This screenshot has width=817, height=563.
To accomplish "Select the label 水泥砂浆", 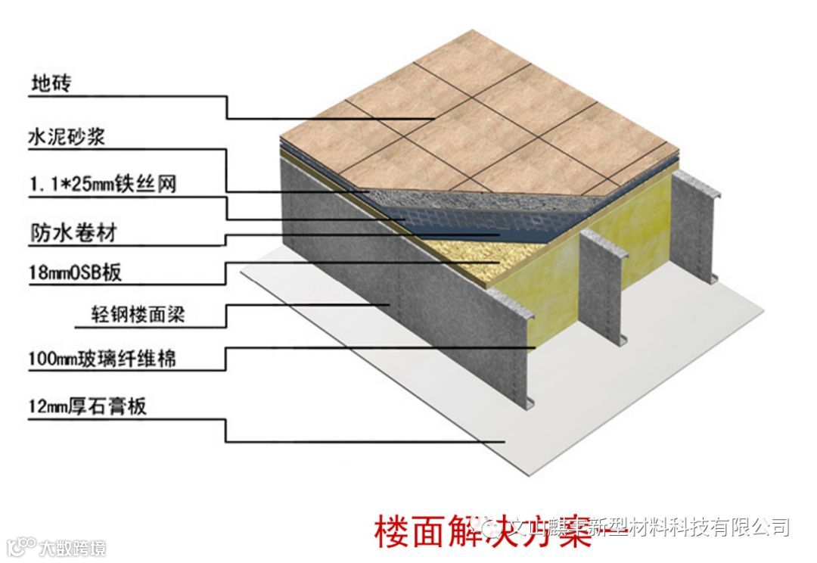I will point(66,138).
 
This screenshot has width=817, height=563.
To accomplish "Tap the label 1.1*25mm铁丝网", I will point(102,184).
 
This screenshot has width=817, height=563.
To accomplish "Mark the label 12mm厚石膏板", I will point(87,406).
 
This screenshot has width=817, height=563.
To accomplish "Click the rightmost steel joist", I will point(692,227).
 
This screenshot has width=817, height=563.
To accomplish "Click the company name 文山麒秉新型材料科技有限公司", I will point(651,527).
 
